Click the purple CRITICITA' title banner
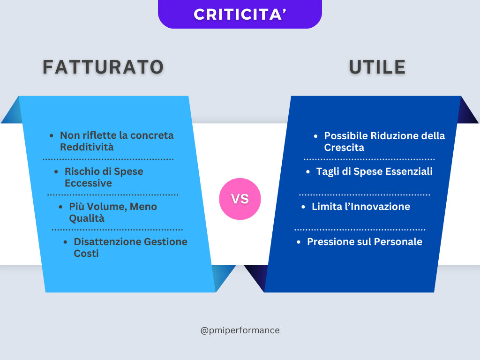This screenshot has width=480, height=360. pyautogui.click(x=240, y=14)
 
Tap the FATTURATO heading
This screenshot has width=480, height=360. pyautogui.click(x=103, y=67)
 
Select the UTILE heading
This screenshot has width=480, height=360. pyautogui.click(x=377, y=67)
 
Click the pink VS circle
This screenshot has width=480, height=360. pyautogui.click(x=240, y=199)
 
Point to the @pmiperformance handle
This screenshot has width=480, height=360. pyautogui.click(x=240, y=330)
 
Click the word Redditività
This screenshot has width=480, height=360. pyautogui.click(x=87, y=147)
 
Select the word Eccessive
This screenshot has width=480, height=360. pyautogui.click(x=88, y=183)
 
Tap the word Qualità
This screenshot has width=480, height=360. pyautogui.click(x=87, y=218)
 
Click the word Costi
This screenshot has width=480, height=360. pyautogui.click(x=86, y=254)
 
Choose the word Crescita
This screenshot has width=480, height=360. pyautogui.click(x=344, y=148)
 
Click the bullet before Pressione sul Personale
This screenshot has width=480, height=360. pyautogui.click(x=299, y=242)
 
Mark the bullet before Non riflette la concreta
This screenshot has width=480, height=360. pyautogui.click(x=52, y=136)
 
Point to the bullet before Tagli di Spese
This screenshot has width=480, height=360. pyautogui.click(x=308, y=172)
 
